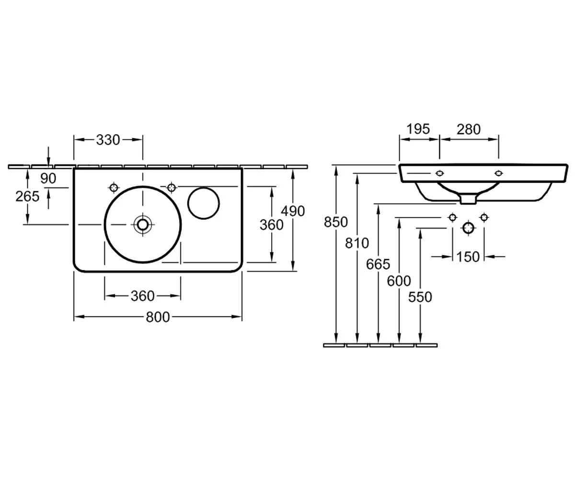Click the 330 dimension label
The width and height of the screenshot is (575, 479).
coord(108,140)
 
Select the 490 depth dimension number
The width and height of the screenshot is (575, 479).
coord(293,211)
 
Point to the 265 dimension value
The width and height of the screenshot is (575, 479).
coord(27,196)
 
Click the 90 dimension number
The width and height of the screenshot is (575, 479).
coord(48,178)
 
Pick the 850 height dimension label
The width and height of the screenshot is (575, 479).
coord(336,222)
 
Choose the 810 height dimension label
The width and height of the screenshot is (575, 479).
coord(357,243)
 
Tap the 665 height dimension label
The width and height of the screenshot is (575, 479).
coord(378,264)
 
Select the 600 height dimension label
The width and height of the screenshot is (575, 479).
coord(399,281)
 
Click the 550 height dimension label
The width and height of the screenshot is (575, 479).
coord(420,297)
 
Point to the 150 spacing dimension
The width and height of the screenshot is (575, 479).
coord(468,257)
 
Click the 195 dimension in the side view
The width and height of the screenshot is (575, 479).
coord(418,129)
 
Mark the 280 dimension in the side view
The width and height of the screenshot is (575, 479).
coord(469,129)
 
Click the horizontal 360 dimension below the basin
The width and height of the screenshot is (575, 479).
coord(143,296)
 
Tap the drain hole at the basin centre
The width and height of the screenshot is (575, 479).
coord(142,224)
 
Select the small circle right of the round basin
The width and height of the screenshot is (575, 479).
coord(204,204)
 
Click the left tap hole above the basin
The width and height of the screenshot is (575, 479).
coord(114,188)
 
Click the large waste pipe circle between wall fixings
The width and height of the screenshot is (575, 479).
coord(469,228)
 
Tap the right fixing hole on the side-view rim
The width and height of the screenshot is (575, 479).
coord(498,173)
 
